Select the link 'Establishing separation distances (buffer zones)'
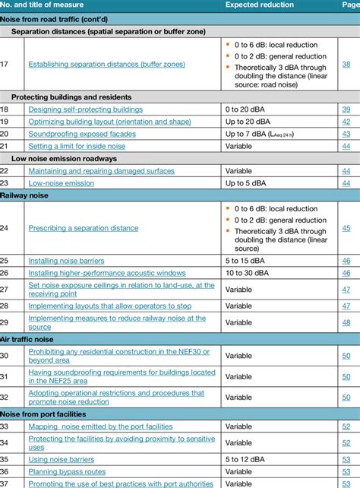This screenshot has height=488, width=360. [x=106, y=65]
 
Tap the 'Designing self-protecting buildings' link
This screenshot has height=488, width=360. [x=85, y=109]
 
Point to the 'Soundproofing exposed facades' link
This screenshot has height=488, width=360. [x=82, y=134]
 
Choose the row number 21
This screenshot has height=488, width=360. [x=5, y=146]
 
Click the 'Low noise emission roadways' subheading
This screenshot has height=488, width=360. [x=64, y=158]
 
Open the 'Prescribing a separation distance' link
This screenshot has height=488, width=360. [x=83, y=227]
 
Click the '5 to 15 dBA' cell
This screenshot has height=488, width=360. [x=245, y=261]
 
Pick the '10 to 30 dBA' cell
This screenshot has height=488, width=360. [x=248, y=272]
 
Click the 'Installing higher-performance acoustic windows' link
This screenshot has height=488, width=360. [x=106, y=272]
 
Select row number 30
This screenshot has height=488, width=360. [x=5, y=355]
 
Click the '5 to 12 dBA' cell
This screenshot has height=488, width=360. [x=245, y=459]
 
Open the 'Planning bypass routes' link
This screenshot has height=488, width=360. [x=67, y=471]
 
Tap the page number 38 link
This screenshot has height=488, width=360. [x=346, y=65]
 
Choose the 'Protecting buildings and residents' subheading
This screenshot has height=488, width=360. [x=71, y=97]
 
